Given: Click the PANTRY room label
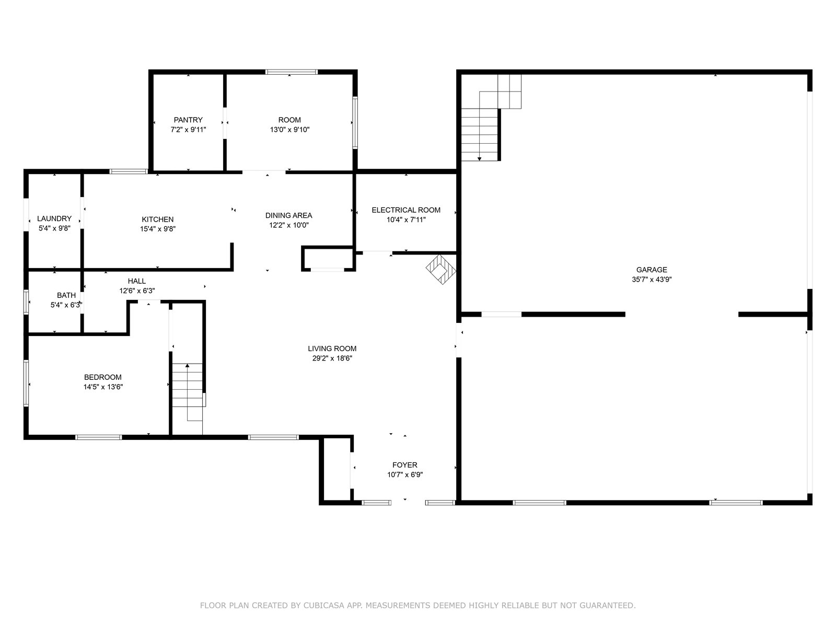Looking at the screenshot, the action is (x=188, y=120).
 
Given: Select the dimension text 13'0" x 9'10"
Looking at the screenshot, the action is (x=289, y=130).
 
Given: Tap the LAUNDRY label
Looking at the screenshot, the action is (x=54, y=218).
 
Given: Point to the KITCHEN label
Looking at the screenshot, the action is (x=158, y=219).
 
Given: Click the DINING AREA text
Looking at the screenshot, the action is (x=289, y=215).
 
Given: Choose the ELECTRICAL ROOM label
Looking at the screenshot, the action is (x=406, y=210).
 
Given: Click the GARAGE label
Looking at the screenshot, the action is (x=652, y=270).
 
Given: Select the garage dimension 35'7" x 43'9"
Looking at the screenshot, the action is (x=652, y=280).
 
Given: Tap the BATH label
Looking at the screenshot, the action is (x=66, y=295).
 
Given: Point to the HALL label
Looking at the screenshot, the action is (x=137, y=281).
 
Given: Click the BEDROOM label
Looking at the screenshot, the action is (x=103, y=377).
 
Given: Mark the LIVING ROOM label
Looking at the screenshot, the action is (x=332, y=349).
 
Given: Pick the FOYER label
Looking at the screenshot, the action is (x=405, y=465).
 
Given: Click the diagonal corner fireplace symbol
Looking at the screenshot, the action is (x=441, y=269).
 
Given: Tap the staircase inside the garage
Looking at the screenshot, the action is (x=491, y=117).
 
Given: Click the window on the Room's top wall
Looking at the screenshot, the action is (x=292, y=72).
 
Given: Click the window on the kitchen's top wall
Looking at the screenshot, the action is (x=129, y=172).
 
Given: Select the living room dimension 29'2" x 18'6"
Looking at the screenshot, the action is (x=332, y=358).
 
